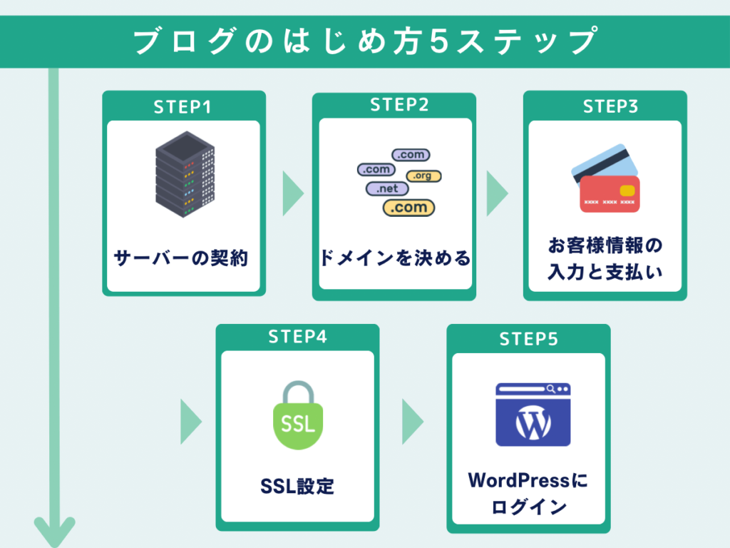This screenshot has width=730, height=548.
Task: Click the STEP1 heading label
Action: click(183, 107)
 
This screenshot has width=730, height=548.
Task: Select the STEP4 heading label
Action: click(297, 338)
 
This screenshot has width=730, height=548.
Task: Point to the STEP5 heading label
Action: click(528, 339)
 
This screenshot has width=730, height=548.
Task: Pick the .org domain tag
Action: click(423, 176)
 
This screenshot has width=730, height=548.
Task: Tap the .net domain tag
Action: click(387, 189)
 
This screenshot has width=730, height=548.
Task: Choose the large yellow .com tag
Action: click(409, 208)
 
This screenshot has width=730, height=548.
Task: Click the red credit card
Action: click(610, 193)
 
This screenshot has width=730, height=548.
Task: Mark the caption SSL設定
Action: click(297, 487)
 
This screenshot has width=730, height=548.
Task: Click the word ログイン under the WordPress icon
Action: click(528, 507)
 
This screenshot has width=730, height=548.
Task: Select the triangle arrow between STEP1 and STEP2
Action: click(292, 193)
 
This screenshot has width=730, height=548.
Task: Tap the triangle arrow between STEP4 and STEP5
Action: click(411, 422)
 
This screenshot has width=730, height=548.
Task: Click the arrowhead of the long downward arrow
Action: click(54, 532)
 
